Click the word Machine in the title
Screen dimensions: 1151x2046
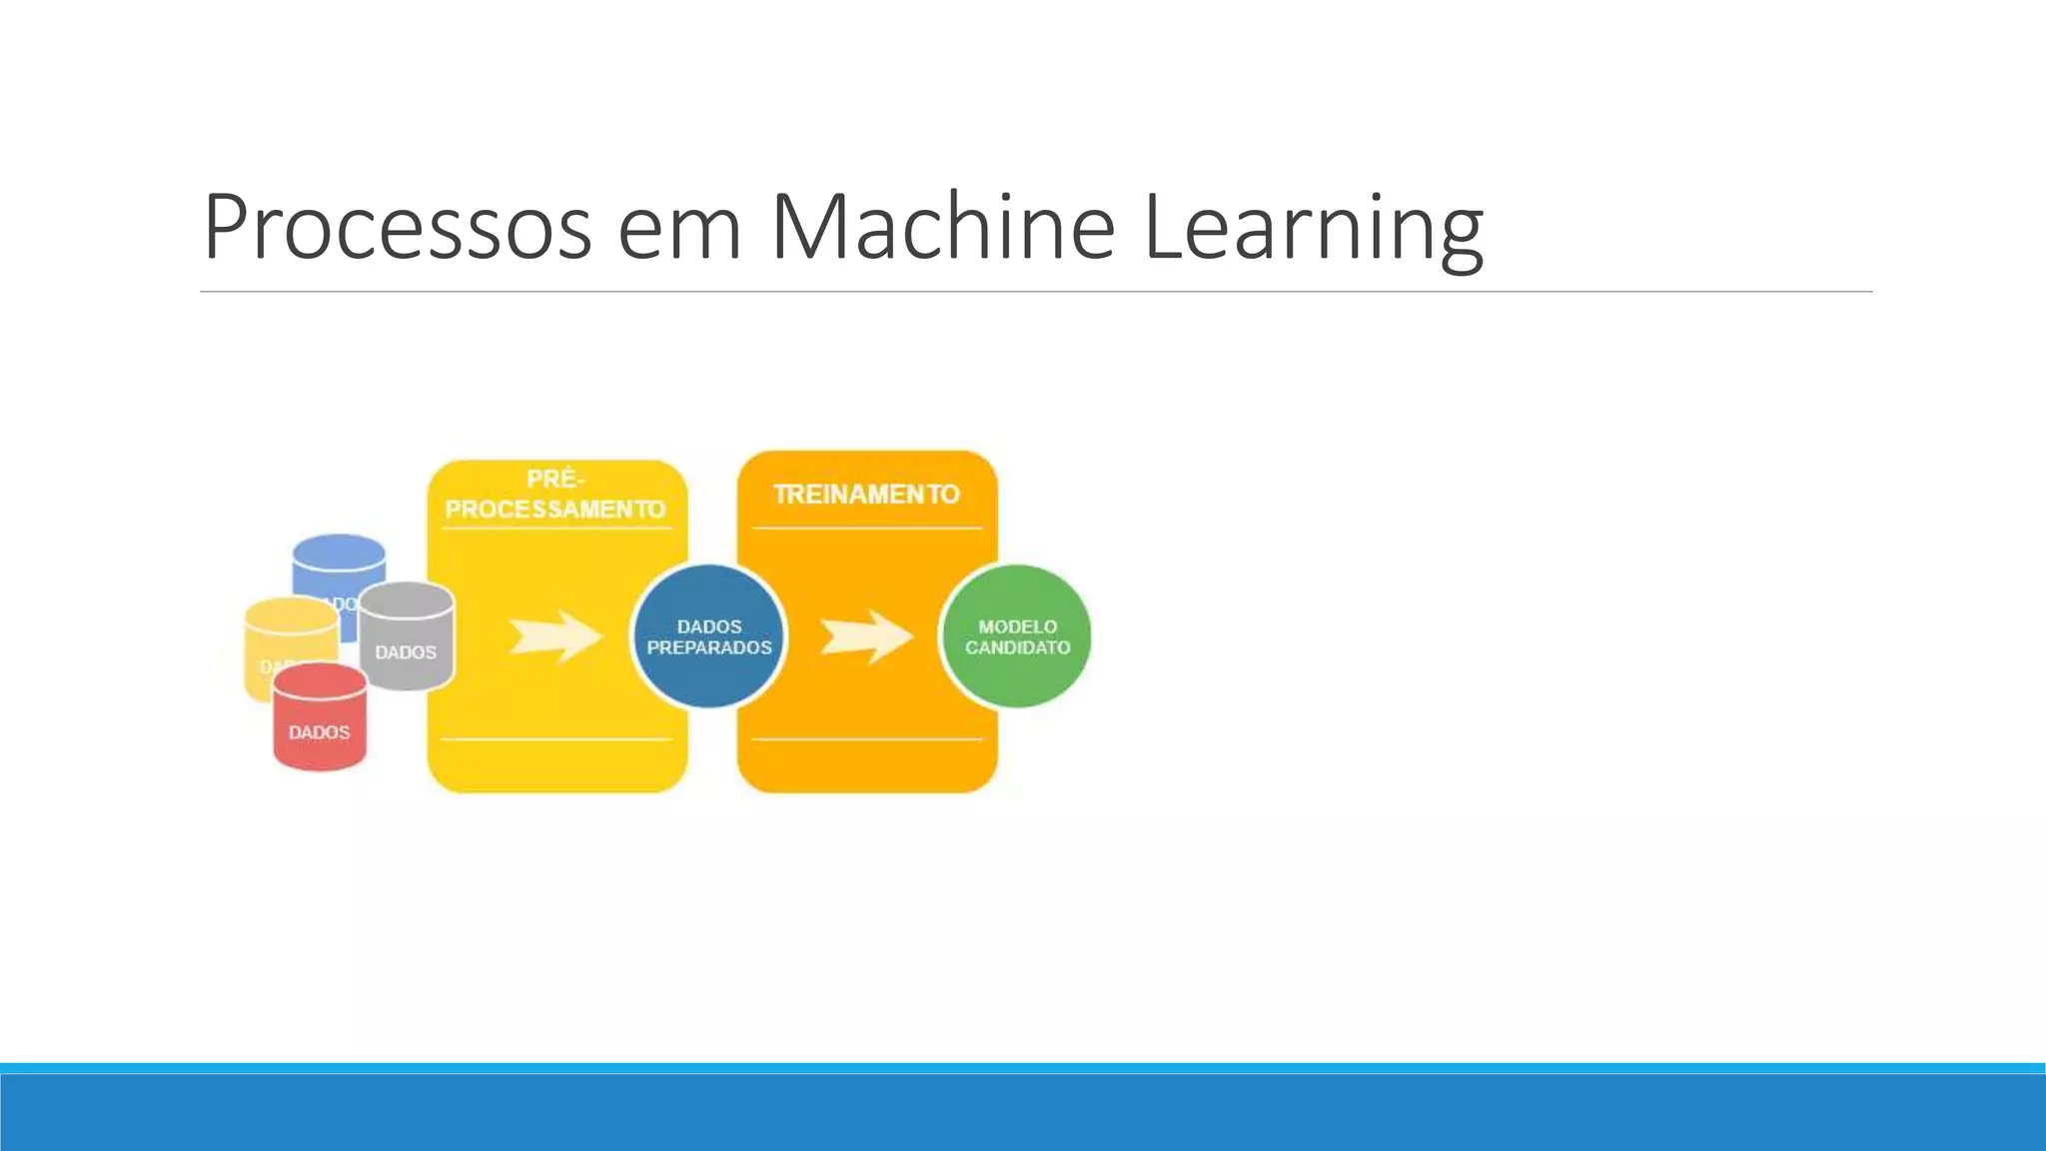[x=942, y=228]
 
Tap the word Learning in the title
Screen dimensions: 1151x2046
[x=1312, y=230]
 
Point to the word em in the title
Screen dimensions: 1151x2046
[x=679, y=232]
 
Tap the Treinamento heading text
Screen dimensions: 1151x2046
[x=866, y=494]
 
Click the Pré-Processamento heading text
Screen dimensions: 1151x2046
[x=555, y=496]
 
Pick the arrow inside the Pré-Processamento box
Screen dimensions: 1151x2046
[x=555, y=636]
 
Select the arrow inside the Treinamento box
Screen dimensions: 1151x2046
[x=866, y=636]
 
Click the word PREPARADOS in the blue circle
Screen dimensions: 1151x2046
[x=709, y=647]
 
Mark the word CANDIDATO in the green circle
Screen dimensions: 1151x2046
[x=1017, y=647]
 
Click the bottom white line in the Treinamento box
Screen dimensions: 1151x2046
[x=866, y=739]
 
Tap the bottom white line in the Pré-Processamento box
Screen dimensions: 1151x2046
[x=555, y=739]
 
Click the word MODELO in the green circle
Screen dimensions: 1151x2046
[x=1017, y=626]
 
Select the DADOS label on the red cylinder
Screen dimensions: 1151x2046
[x=320, y=732]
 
